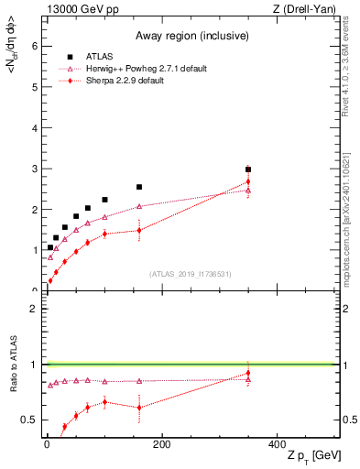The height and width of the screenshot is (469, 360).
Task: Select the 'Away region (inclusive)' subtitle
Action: pyautogui.click(x=188, y=36)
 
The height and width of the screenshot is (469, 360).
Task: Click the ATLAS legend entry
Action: pyautogui.click(x=98, y=54)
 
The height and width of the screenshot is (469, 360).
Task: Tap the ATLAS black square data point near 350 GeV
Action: pyautogui.click(x=248, y=169)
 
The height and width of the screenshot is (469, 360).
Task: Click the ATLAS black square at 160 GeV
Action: pyautogui.click(x=139, y=187)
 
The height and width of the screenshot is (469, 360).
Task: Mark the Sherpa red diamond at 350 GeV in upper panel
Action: pyautogui.click(x=248, y=181)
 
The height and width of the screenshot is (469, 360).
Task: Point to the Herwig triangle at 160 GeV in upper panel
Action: pyautogui.click(x=139, y=206)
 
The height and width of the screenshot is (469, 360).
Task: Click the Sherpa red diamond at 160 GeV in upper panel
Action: pyautogui.click(x=139, y=230)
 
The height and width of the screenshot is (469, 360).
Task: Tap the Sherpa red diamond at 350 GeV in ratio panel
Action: pyautogui.click(x=248, y=373)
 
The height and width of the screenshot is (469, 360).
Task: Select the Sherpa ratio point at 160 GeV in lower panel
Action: pyautogui.click(x=139, y=408)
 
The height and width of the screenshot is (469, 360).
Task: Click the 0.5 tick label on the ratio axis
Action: pyautogui.click(x=28, y=420)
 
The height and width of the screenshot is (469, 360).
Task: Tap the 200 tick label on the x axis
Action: pyautogui.click(x=161, y=445)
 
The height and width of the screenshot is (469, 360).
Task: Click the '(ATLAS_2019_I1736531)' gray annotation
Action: pyautogui.click(x=191, y=274)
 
